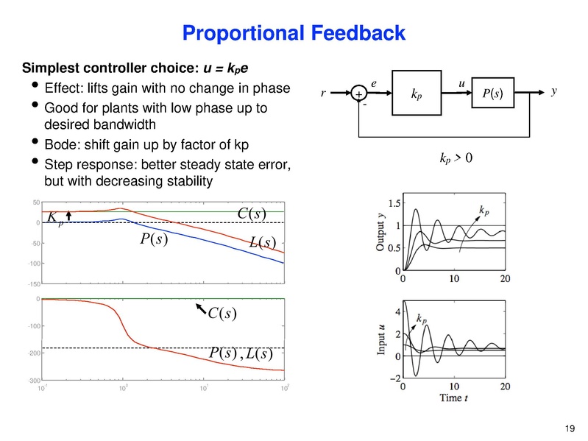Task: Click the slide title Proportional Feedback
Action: tap(293, 33)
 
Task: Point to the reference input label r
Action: tap(323, 94)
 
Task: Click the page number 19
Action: tap(567, 428)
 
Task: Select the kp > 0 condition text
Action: tap(450, 158)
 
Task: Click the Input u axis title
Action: tap(382, 341)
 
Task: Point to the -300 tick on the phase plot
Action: tap(34, 380)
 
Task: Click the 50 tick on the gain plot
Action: tap(36, 202)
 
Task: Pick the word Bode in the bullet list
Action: tap(60, 143)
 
